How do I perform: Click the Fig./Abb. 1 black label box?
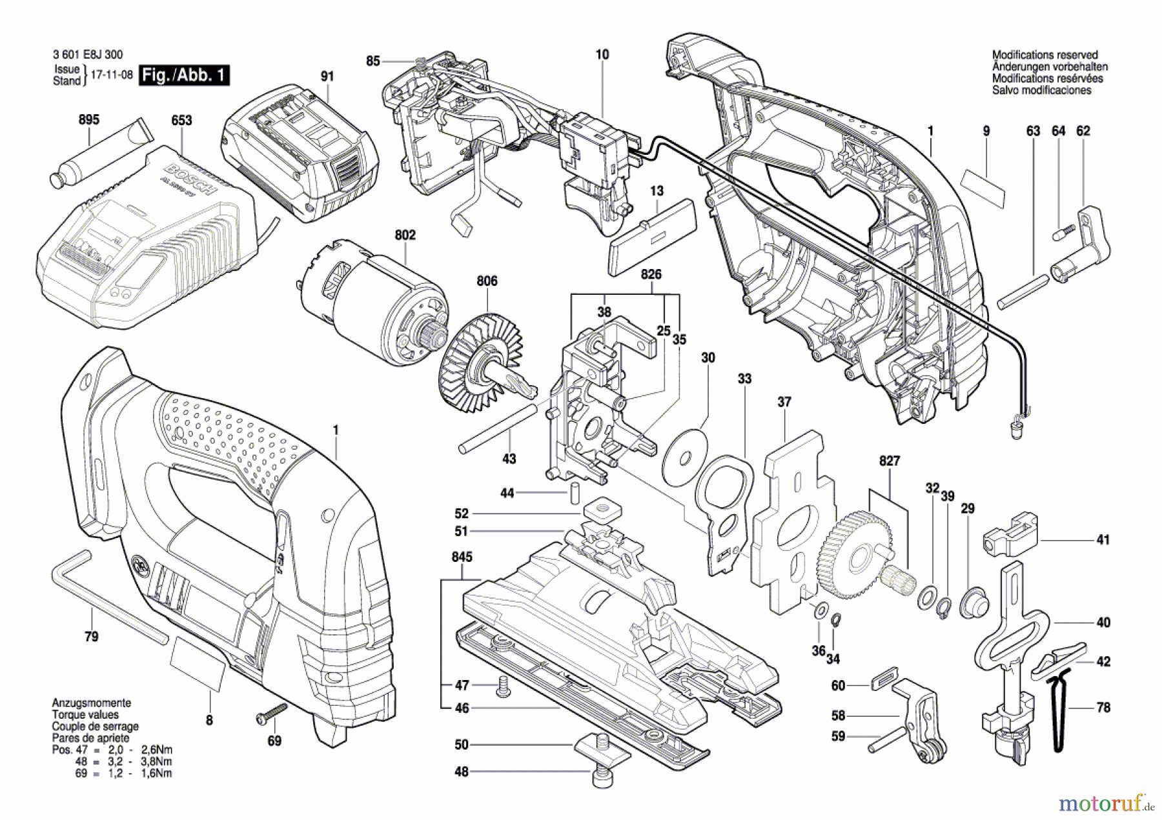184,75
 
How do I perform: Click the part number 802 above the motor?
405,235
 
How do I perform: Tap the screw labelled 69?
271,713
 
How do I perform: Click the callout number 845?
462,557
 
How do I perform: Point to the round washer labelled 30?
685,457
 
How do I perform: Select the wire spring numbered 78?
1057,710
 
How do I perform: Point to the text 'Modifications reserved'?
1045,55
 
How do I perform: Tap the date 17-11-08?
111,75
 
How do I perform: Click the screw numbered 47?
502,688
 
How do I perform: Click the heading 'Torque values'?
85,715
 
